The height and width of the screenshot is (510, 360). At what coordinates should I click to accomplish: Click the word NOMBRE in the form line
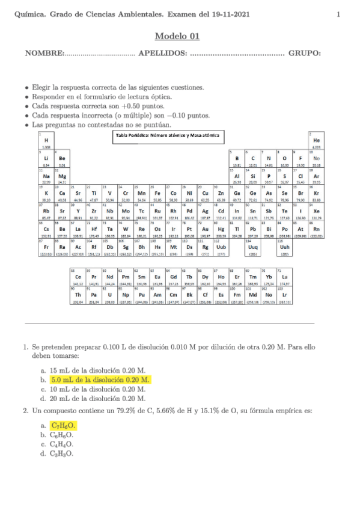(44, 54)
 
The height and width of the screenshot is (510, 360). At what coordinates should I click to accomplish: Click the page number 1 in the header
(338, 14)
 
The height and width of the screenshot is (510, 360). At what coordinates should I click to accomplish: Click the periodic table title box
(166, 135)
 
